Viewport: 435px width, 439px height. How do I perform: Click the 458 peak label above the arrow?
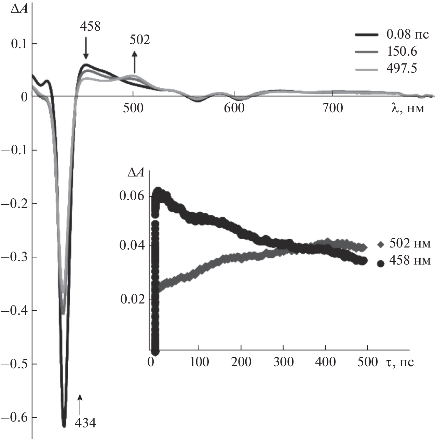90,26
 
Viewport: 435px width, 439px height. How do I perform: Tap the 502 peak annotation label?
140,40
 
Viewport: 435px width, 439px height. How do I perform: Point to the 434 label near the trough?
85,423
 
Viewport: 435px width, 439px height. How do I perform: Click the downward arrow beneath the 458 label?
86,48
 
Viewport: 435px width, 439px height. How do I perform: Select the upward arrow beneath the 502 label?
135,62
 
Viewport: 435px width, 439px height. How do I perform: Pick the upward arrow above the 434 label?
80,404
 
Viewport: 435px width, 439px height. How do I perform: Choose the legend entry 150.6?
402,52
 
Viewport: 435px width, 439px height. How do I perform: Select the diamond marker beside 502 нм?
381,244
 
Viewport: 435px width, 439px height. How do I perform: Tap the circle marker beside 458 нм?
381,263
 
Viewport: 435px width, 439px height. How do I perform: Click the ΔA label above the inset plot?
136,173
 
